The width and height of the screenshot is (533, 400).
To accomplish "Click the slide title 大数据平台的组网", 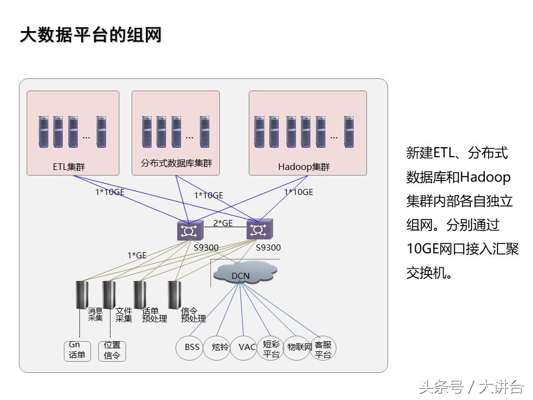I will point(90,34).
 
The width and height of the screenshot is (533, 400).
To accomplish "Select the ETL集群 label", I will point(69,167).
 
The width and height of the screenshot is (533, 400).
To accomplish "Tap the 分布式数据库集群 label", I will point(176,163).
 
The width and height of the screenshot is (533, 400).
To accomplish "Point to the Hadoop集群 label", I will point(304,167).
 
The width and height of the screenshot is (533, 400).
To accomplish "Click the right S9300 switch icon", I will point(259,229).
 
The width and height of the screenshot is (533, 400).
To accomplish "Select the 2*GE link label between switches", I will point(223,223).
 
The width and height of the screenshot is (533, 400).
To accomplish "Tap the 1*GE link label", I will point(137,256).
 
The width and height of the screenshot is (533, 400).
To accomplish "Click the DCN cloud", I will point(243,274).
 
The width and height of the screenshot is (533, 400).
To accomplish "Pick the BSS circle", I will point(192,347).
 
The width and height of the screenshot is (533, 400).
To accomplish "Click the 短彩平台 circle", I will point(271,349).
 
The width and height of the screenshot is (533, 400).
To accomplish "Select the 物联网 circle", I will point(298,348).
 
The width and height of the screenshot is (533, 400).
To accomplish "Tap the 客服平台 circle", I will point(323,349).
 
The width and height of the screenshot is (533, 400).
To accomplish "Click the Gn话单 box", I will point(77,351).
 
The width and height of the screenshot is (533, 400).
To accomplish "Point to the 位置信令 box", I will point(112,351).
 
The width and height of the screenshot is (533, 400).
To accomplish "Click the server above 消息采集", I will point(82,294).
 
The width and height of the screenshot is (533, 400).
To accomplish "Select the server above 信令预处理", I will point(174,294).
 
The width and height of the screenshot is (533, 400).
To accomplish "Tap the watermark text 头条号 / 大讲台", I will point(471,386).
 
